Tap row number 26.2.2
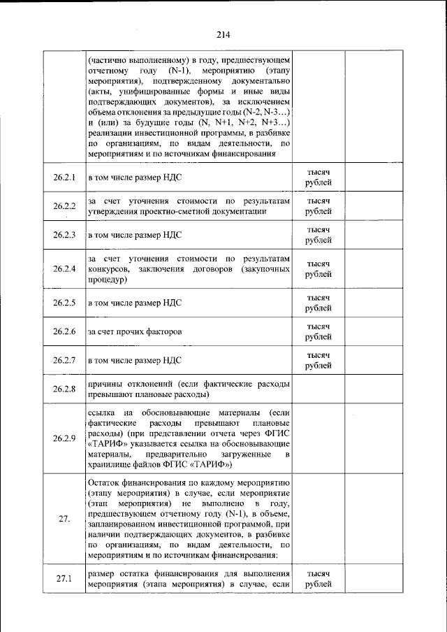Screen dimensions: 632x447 point(64,206)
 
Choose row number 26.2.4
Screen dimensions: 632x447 point(64,269)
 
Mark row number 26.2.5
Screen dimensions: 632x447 point(64,303)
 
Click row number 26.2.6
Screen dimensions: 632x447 point(64,331)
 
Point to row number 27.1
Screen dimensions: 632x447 point(64,578)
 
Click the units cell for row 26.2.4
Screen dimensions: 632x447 point(318,269)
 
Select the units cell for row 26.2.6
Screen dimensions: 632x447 point(318,331)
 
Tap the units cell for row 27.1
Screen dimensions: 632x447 point(318,578)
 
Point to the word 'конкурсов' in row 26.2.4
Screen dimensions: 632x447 point(107,269)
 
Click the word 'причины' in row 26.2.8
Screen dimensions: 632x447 point(105,383)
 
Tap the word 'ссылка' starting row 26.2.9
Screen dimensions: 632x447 point(102,412)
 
